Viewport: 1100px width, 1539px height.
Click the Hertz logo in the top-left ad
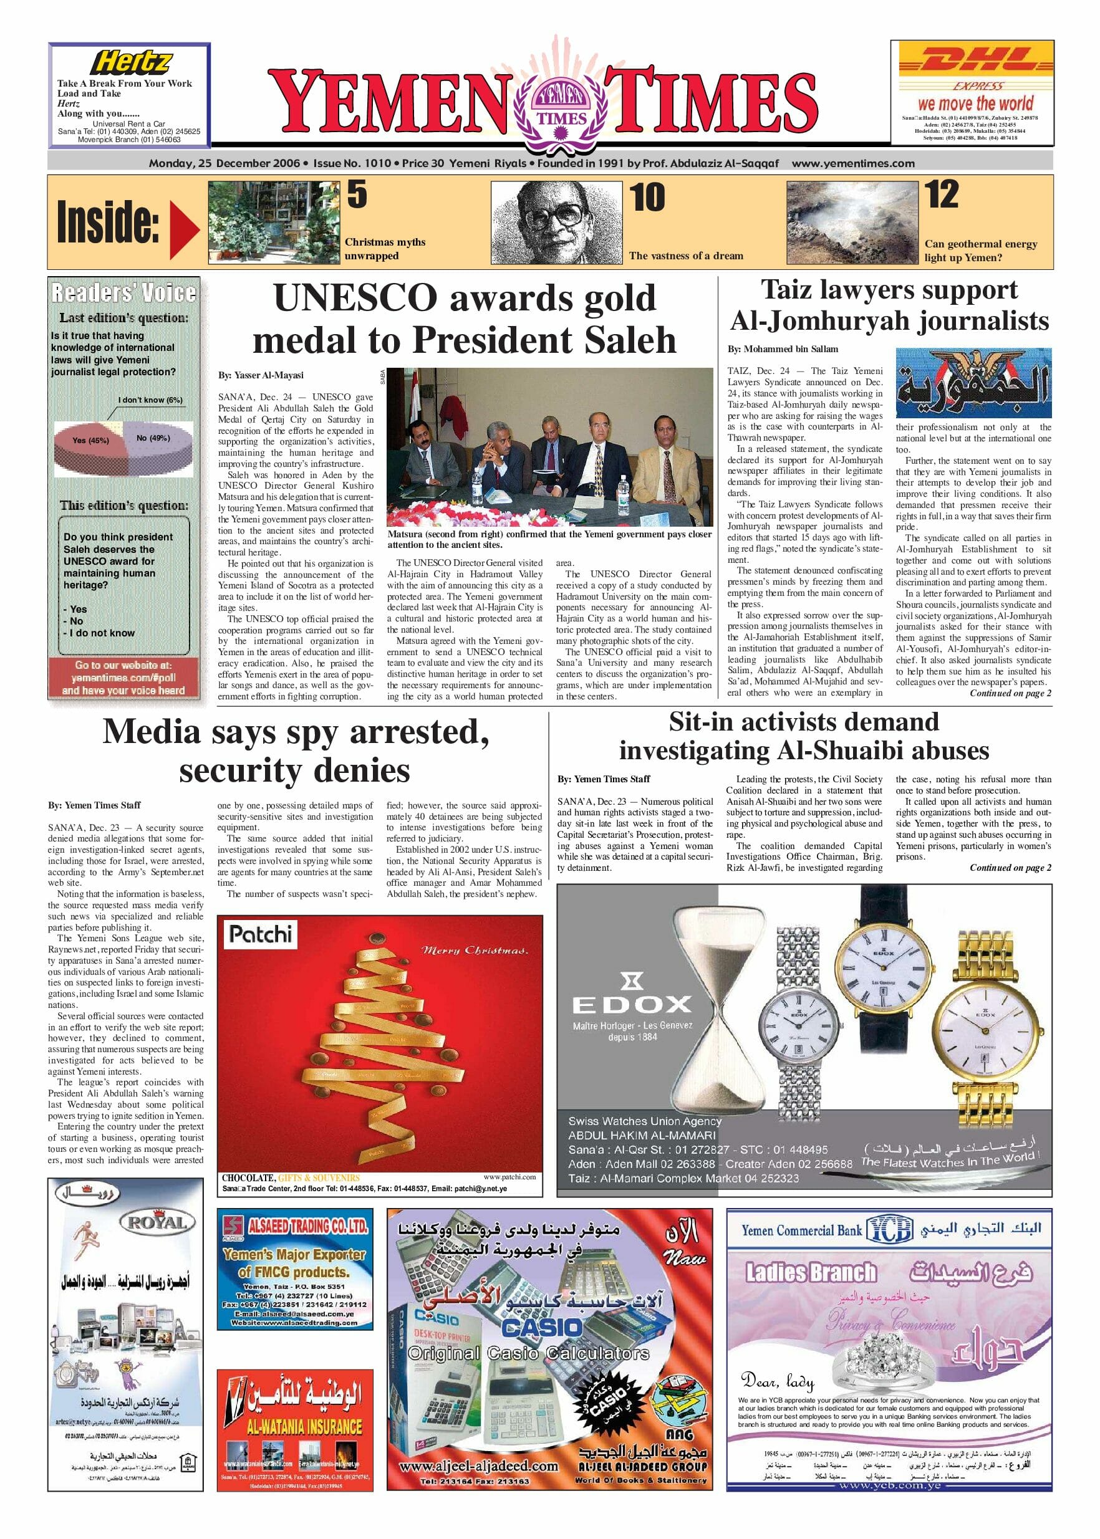pos(132,63)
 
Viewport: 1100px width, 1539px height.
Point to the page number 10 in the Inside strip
pos(647,197)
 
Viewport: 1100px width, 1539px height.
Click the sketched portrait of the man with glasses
pos(556,221)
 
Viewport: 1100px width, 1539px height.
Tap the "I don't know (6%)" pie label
pos(150,400)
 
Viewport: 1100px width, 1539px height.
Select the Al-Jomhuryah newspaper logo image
pos(973,383)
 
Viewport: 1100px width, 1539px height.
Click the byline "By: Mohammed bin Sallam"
pos(783,349)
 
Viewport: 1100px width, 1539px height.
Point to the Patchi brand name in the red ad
pos(260,934)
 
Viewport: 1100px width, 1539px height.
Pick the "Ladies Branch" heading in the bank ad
pos(810,1273)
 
